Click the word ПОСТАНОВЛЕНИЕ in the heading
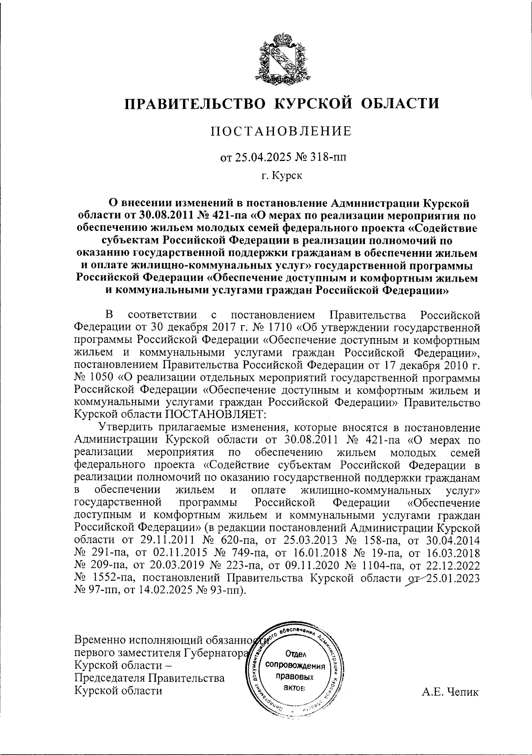pos(281,131)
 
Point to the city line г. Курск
pos(282,176)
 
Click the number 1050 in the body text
pos(97,378)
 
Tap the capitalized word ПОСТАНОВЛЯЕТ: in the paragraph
pos(216,414)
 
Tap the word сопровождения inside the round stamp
pos(295,666)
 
